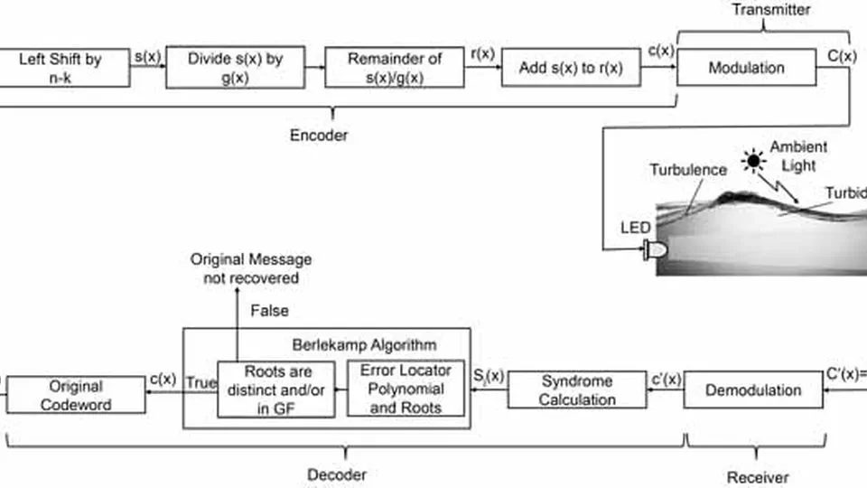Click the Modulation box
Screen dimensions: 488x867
(x=746, y=68)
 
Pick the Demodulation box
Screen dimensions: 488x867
(x=752, y=390)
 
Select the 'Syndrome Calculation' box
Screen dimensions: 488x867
(x=576, y=390)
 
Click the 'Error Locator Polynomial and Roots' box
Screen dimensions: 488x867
(x=406, y=389)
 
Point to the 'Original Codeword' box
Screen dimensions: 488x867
(x=75, y=395)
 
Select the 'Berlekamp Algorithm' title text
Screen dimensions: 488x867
(x=364, y=344)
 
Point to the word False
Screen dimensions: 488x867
(x=269, y=311)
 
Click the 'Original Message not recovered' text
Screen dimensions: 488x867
(x=250, y=269)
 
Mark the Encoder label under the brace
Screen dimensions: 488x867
(x=318, y=136)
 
